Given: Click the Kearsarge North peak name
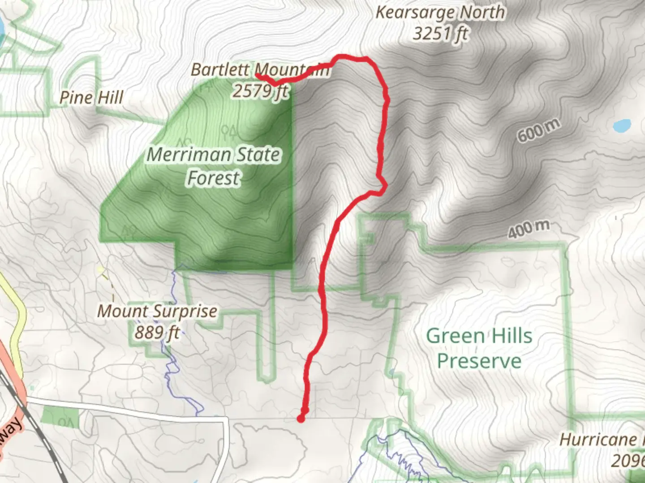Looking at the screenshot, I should [x=440, y=13].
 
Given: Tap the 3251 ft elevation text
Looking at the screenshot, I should [x=440, y=34].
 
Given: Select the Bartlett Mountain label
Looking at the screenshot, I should [x=260, y=70].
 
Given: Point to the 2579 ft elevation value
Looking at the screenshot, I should [x=260, y=91].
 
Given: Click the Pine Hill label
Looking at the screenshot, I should [x=91, y=97].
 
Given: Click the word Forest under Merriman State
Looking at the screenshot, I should [x=213, y=178].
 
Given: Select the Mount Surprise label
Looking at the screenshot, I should [x=157, y=311].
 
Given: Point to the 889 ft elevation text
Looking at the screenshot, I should [x=157, y=332].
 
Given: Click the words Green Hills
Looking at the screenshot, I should [x=479, y=335].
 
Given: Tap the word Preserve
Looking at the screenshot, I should [x=479, y=360].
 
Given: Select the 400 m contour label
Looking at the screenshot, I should [x=529, y=229].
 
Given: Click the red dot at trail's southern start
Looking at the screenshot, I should [x=301, y=418].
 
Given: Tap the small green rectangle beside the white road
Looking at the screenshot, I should [x=59, y=416].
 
